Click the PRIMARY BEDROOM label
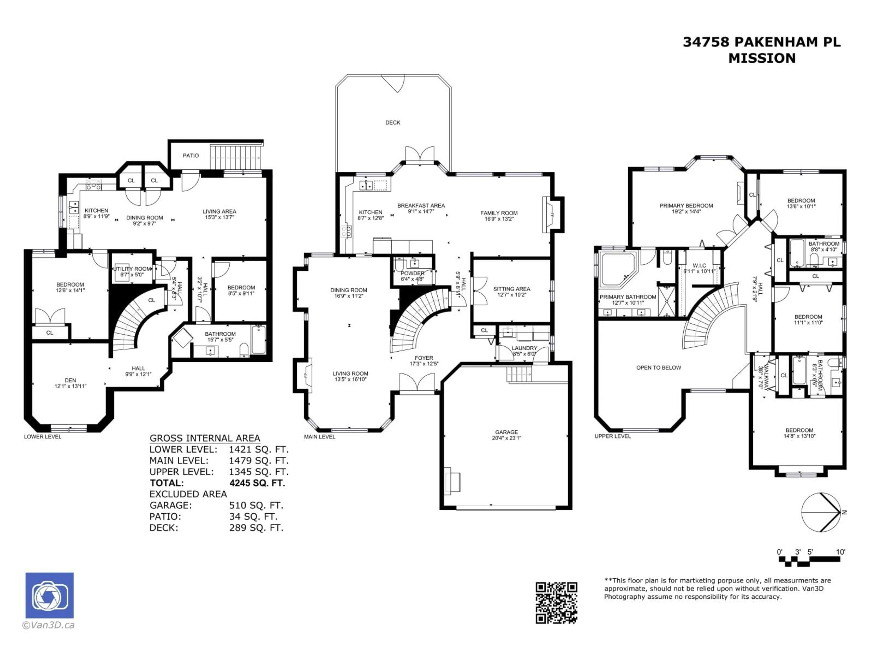[x=686, y=206]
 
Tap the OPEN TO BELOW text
[x=659, y=368]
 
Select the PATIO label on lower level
[x=191, y=156]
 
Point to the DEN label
[x=70, y=380]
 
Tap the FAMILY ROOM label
[x=499, y=213]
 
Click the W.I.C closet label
[x=699, y=266]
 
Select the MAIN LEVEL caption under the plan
[x=320, y=437]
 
